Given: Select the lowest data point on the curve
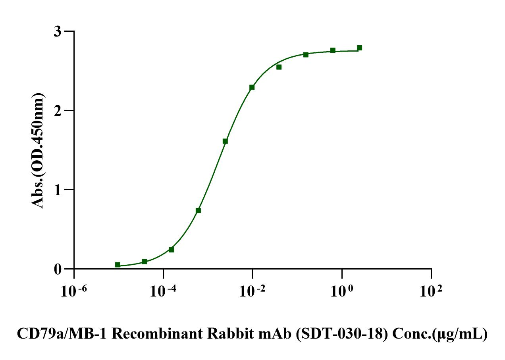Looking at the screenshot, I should (x=118, y=265).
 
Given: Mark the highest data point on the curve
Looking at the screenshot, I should (x=359, y=48).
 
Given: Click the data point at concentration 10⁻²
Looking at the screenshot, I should (x=252, y=87).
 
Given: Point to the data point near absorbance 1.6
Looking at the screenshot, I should (x=225, y=141).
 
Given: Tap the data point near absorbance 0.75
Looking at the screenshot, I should (x=198, y=210).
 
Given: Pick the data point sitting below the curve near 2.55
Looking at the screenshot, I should (x=279, y=67).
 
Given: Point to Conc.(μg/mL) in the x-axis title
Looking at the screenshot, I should (x=439, y=335).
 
